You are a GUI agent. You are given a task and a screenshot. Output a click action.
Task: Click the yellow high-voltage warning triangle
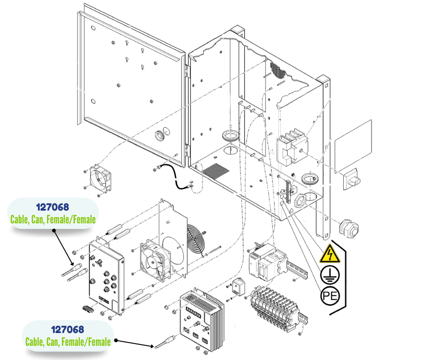(x=330, y=254)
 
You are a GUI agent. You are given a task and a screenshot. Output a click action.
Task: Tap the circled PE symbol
(x=330, y=296)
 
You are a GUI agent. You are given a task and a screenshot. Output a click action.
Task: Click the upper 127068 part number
(x=52, y=208)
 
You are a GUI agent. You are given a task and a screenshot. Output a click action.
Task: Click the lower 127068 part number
(x=68, y=329)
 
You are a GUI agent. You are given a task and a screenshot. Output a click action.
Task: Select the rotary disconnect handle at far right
(x=351, y=177)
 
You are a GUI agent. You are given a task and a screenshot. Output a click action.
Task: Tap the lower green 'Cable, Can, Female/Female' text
(x=68, y=341)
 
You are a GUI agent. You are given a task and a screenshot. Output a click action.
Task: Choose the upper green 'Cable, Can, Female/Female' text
(x=52, y=220)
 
